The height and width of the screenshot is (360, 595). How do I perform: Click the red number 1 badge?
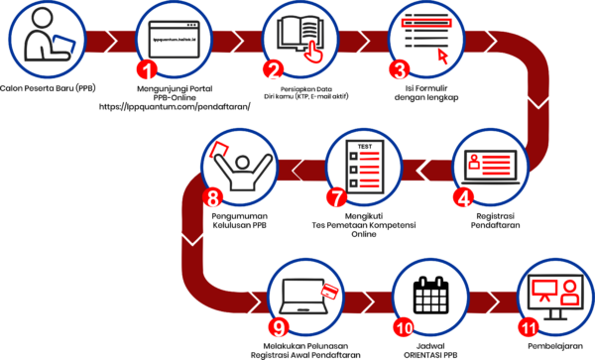pyautogui.click(x=147, y=69)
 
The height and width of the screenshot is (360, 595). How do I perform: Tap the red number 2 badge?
pyautogui.click(x=273, y=69)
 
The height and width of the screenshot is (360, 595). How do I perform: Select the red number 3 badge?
pyautogui.click(x=399, y=69)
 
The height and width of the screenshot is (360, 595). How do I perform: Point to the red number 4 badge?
pyautogui.click(x=462, y=196)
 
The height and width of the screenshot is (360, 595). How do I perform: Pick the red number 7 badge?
pyautogui.click(x=336, y=196)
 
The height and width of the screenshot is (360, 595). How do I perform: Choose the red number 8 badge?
pyautogui.click(x=211, y=196)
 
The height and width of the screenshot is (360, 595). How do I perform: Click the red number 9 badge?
pyautogui.click(x=279, y=326)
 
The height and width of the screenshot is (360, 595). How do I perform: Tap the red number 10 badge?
pyautogui.click(x=403, y=326)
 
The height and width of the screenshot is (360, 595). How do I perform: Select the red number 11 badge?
pyautogui.click(x=528, y=326)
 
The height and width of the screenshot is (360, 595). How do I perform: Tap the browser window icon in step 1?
pyautogui.click(x=174, y=40)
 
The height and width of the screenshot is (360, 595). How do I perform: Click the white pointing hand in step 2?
pyautogui.click(x=312, y=51)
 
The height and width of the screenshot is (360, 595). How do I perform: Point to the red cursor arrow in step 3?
pyautogui.click(x=442, y=56)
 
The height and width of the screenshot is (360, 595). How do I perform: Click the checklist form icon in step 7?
pyautogui.click(x=364, y=166)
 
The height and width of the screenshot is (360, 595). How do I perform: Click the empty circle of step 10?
pyautogui.click(x=430, y=297)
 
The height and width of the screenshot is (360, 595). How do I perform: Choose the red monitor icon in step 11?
pyautogui.click(x=544, y=290)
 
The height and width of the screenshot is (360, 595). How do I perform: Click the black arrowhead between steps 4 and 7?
pyautogui.click(x=423, y=170)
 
